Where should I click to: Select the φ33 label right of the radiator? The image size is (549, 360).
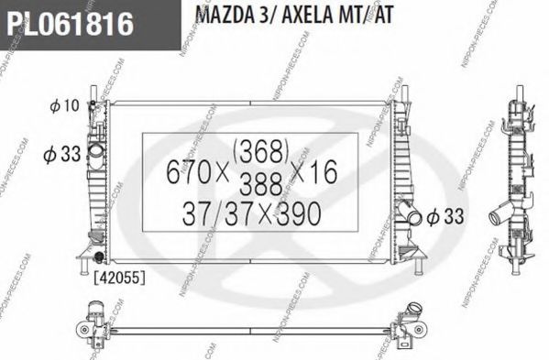pyautogui.click(x=445, y=215)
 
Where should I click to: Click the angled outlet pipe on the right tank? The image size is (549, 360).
pyautogui.click(x=410, y=216)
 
